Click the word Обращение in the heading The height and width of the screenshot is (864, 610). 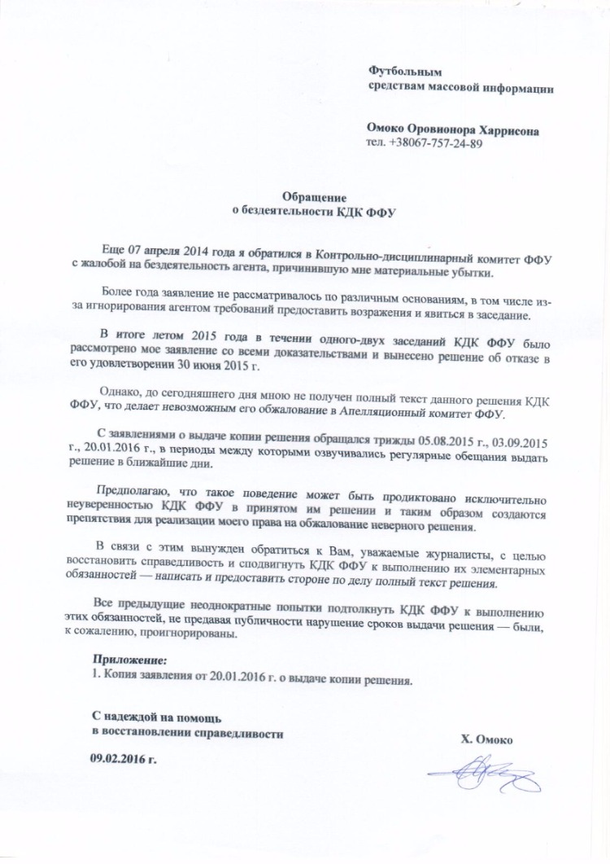coord(314,196)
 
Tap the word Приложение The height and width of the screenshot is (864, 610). coord(130,658)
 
